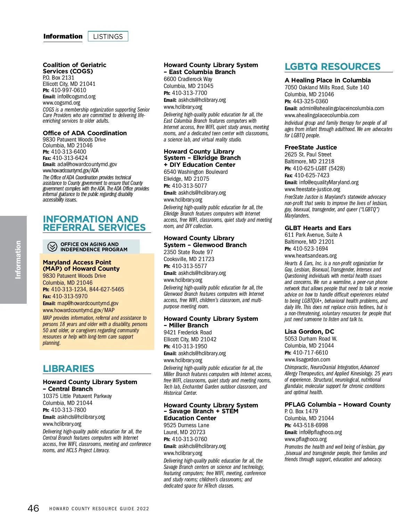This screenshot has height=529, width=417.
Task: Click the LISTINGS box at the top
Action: tap(108, 36)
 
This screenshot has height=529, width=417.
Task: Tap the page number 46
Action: tap(33, 508)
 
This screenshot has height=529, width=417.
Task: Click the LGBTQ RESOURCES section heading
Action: tap(333, 66)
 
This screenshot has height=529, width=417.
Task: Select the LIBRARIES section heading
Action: tap(68, 368)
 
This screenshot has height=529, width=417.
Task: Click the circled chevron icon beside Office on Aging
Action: tap(52, 247)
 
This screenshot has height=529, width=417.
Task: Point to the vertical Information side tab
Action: tap(18, 260)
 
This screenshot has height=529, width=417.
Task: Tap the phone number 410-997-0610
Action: tap(68, 90)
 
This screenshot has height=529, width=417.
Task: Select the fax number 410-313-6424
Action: tap(70, 158)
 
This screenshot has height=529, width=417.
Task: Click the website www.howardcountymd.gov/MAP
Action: tap(79, 310)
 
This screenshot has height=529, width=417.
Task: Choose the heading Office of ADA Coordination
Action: tap(85, 133)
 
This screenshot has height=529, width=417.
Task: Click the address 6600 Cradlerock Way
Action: tap(188, 79)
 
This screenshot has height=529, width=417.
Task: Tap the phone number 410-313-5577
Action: tap(189, 266)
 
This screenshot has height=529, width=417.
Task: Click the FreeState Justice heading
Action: tap(311, 147)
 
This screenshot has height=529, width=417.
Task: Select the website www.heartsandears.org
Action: tap(311, 256)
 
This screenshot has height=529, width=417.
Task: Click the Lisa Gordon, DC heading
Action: tap(309, 332)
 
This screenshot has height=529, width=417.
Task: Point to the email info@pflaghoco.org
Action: tap(320, 432)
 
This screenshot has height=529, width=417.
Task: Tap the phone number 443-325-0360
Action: tap(310, 101)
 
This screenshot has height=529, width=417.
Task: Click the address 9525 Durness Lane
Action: tap(187, 425)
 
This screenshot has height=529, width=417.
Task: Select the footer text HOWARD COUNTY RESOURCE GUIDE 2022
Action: tap(99, 509)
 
